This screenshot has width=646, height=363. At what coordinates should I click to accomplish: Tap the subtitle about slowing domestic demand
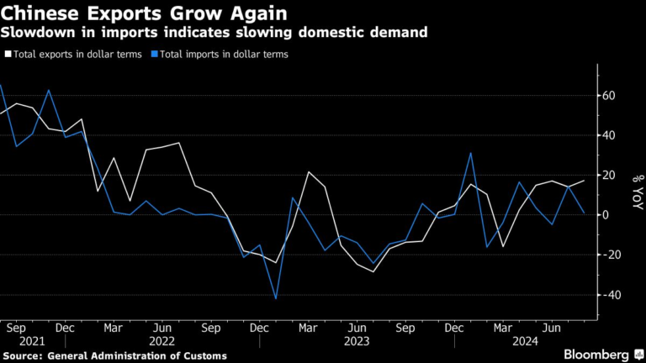214,33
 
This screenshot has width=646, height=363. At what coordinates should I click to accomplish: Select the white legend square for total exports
8,54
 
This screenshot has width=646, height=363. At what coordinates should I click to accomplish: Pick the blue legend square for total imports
155,54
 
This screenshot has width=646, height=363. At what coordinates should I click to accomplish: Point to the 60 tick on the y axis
606,96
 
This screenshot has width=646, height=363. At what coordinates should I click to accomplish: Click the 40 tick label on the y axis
606,135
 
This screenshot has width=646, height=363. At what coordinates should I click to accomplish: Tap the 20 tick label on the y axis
606,175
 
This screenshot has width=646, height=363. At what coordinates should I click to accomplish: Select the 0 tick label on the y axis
603,214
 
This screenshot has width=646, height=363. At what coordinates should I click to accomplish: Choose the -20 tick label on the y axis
609,255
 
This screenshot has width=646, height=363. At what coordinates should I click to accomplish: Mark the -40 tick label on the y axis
609,295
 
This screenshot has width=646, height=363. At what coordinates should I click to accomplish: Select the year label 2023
357,341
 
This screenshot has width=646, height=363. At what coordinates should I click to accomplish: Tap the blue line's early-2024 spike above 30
471,153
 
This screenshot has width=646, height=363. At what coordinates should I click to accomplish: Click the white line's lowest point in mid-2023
373,271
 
